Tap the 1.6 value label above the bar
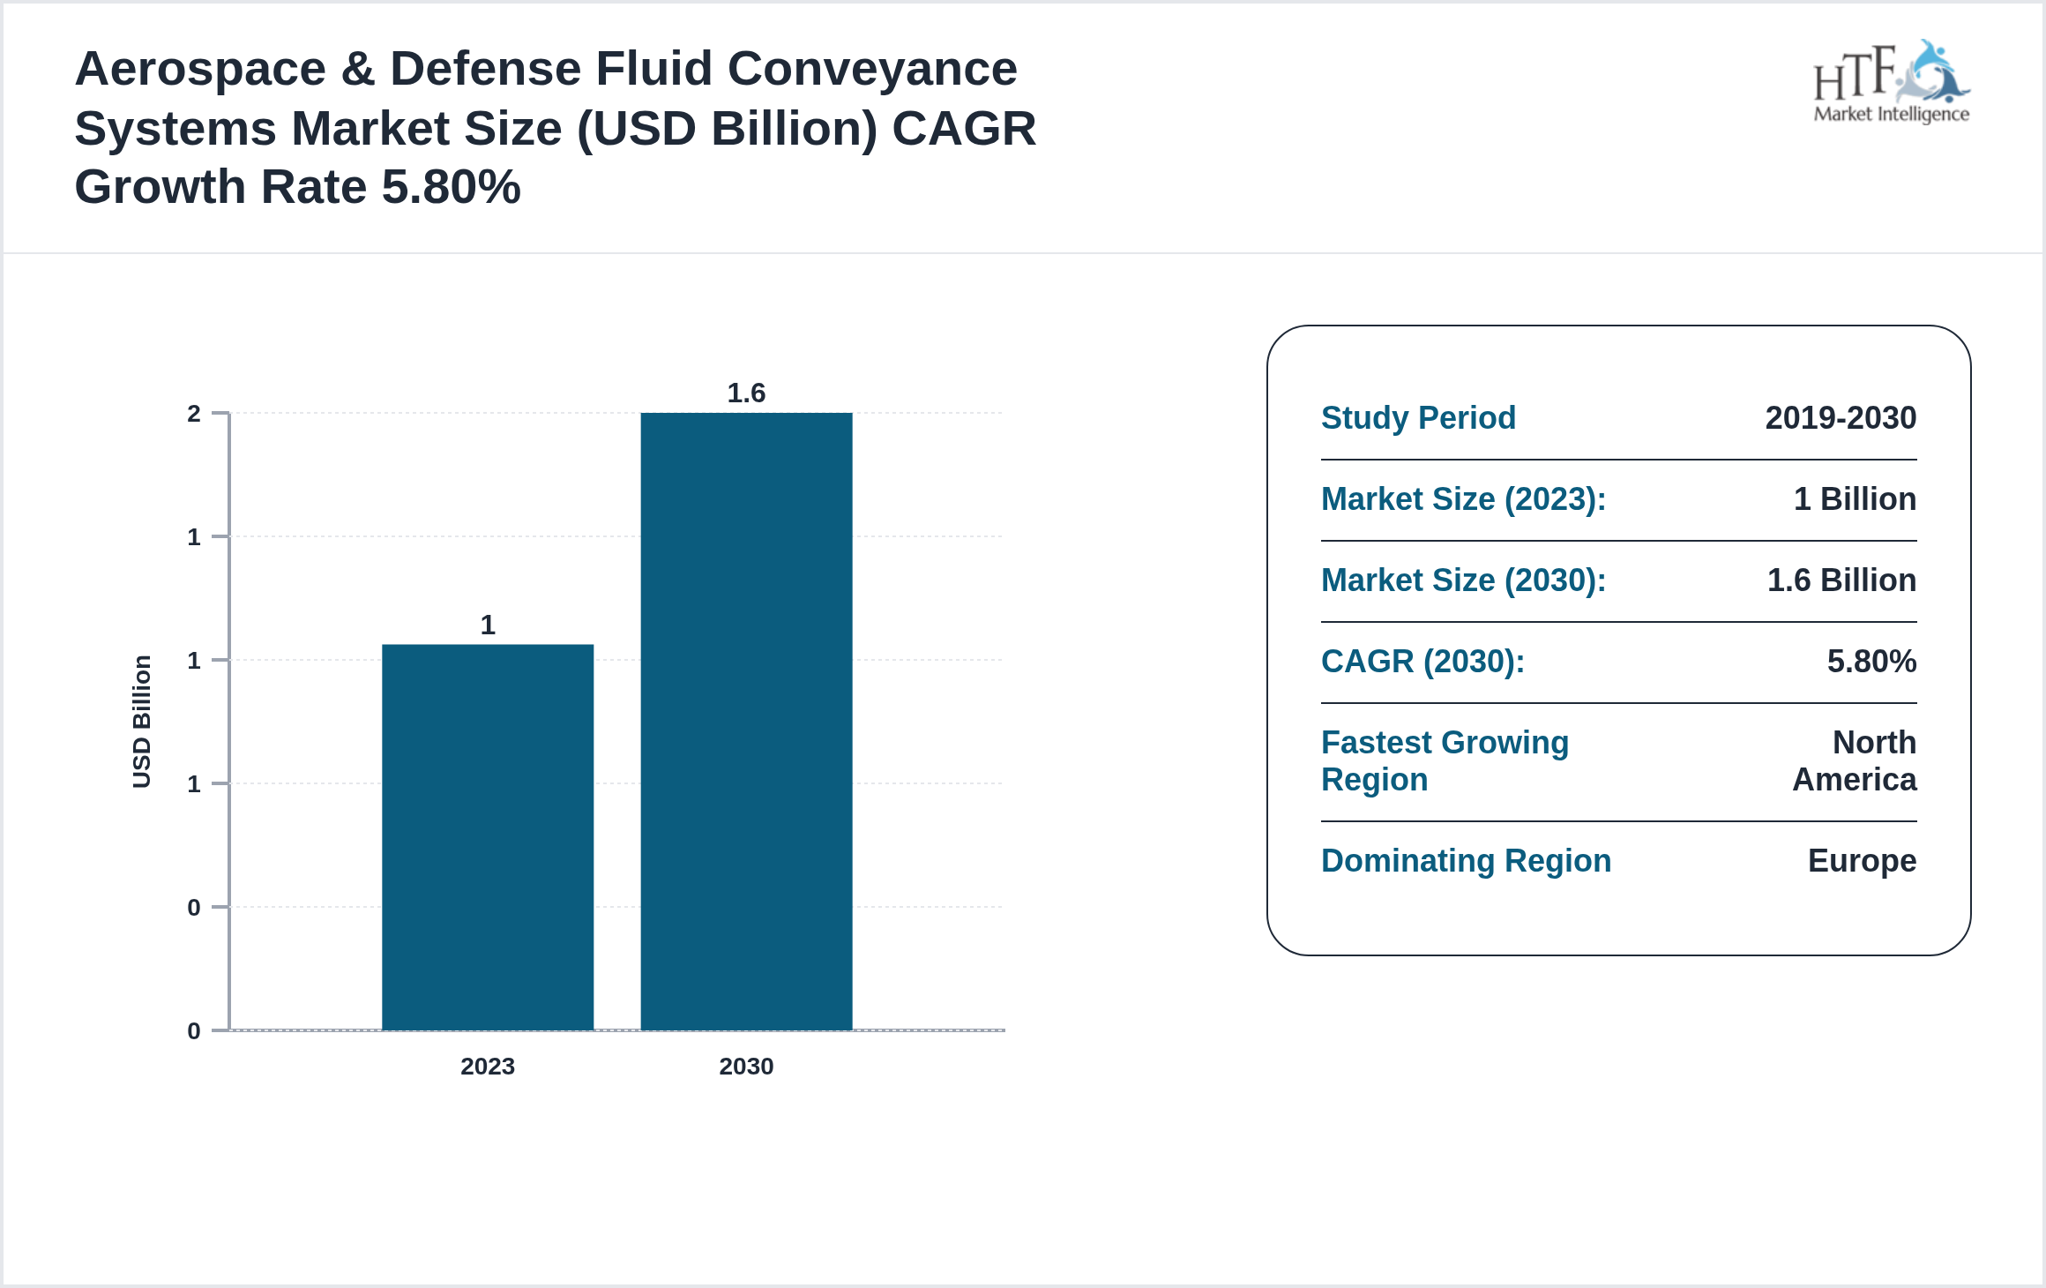tap(746, 393)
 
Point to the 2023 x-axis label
tap(488, 1067)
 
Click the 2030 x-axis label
tap(746, 1067)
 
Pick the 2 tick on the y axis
tap(194, 414)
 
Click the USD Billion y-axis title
tap(142, 722)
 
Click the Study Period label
tap(1418, 418)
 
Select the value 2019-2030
tap(1841, 418)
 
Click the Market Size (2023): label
tap(1463, 499)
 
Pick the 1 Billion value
tap(1855, 499)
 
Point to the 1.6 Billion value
tap(1841, 580)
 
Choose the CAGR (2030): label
tap(1422, 662)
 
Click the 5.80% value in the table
tap(1871, 662)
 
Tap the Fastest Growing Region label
tap(1445, 760)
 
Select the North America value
tap(1856, 760)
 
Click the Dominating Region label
tap(1466, 861)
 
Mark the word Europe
tap(1862, 861)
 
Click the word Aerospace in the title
tap(200, 69)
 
